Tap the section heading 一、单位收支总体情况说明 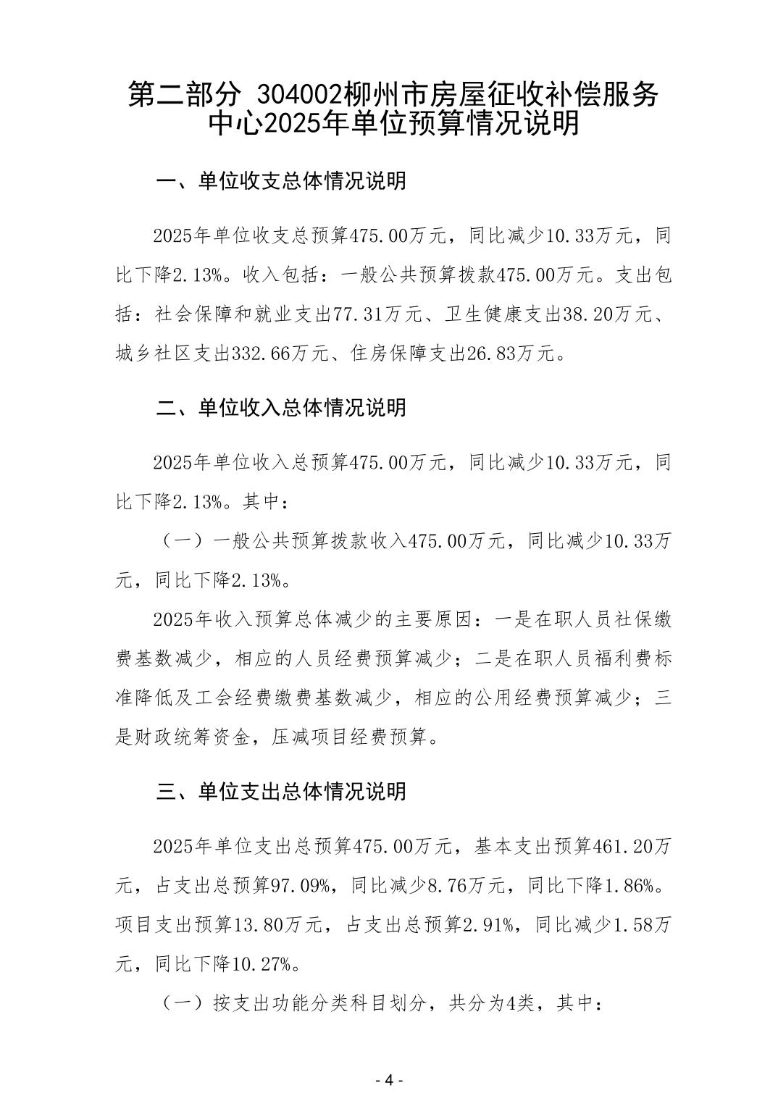[x=282, y=181]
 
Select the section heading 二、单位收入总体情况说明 [x=282, y=408]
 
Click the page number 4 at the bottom [x=388, y=1080]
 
